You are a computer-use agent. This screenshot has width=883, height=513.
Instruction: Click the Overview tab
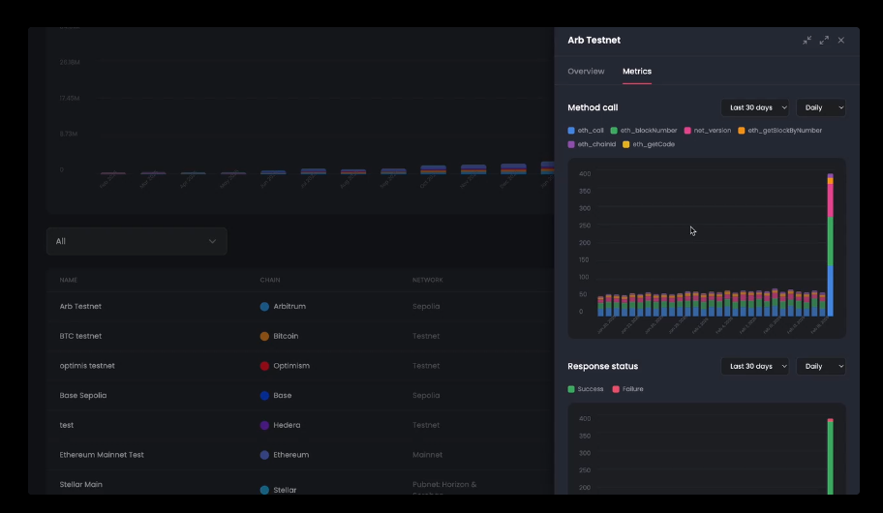pos(586,72)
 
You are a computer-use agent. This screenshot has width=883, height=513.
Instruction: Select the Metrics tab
pos(637,72)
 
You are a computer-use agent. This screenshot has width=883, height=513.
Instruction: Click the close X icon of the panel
pos(841,41)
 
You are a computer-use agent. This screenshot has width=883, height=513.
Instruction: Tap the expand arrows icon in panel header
pos(824,41)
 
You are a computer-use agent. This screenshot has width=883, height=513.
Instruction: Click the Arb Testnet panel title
pos(594,41)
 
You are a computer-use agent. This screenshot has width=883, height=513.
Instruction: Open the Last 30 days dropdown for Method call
pos(755,107)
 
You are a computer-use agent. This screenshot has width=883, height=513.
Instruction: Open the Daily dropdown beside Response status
pos(820,366)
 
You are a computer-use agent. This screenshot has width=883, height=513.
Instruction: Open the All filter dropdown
pos(137,241)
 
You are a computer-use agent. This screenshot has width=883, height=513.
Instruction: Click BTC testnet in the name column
pos(80,336)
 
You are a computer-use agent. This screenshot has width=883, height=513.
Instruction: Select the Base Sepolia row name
pos(83,395)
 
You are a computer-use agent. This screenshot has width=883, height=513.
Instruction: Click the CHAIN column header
pos(270,281)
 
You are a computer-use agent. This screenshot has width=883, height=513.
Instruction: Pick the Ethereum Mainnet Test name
pos(102,455)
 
